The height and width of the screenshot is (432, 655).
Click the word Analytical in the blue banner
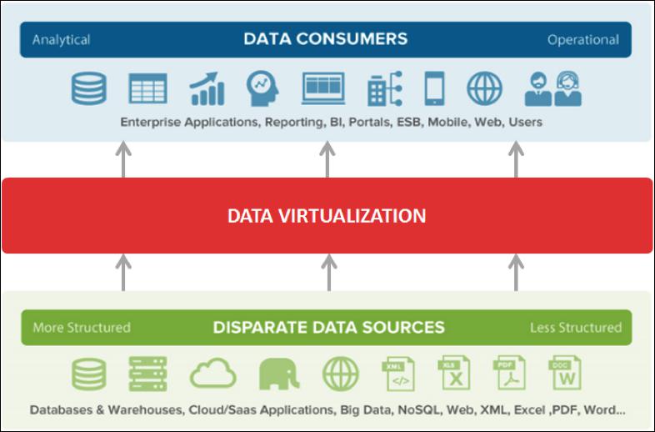click(x=61, y=40)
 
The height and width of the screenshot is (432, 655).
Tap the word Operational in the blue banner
click(x=583, y=40)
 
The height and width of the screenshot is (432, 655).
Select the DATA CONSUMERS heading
click(x=325, y=39)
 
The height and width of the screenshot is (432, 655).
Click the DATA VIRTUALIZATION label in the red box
click(x=327, y=216)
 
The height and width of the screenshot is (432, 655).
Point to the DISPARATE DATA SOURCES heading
click(x=329, y=327)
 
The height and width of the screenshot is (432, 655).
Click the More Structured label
click(x=82, y=328)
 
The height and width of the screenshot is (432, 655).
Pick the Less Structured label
click(x=576, y=328)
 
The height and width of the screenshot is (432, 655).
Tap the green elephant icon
click(x=279, y=374)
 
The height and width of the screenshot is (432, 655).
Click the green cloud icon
click(x=213, y=373)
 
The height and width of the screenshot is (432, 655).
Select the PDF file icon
click(x=510, y=373)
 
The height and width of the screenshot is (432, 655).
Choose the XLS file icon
click(x=454, y=373)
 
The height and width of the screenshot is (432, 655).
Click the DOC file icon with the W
click(x=565, y=373)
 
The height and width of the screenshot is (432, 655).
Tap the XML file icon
click(x=398, y=374)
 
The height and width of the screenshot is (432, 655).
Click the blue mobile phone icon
click(x=434, y=88)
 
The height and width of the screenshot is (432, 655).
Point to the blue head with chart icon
click(x=262, y=88)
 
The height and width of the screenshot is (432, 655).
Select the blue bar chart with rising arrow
click(x=207, y=88)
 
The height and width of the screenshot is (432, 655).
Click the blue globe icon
click(x=484, y=88)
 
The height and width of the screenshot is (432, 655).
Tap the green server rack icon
click(x=147, y=374)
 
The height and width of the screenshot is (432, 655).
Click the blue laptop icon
click(x=323, y=88)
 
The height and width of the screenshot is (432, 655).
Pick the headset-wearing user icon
click(x=567, y=88)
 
